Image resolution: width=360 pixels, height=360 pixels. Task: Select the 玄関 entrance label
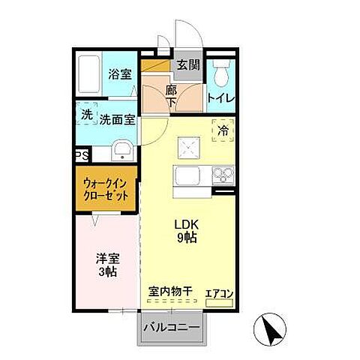pyautogui.click(x=188, y=65)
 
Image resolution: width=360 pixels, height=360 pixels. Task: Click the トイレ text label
pyautogui.click(x=220, y=97)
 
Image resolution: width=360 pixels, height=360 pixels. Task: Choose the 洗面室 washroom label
pyautogui.click(x=118, y=118)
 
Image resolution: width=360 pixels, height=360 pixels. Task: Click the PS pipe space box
pyautogui.click(x=81, y=155)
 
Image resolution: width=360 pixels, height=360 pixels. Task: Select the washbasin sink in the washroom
pyautogui.click(x=121, y=153)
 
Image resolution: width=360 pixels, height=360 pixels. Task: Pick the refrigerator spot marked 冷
pyautogui.click(x=223, y=130)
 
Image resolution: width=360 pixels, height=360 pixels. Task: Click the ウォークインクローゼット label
pyautogui.click(x=105, y=190)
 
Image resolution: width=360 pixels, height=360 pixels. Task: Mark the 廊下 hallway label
pyautogui.click(x=170, y=95)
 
